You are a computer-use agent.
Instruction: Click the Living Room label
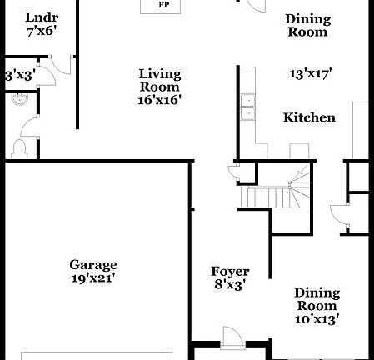[x=159, y=80]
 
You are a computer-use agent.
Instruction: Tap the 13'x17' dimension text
[x=310, y=74]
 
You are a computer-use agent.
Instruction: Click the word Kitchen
[x=309, y=117]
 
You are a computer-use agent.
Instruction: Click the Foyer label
[x=229, y=271]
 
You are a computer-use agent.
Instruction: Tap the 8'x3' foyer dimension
[x=229, y=285]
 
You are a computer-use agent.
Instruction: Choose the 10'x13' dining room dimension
[x=317, y=318]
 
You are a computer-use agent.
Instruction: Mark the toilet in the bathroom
[x=20, y=148]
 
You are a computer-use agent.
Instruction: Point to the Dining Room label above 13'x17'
[x=307, y=25]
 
